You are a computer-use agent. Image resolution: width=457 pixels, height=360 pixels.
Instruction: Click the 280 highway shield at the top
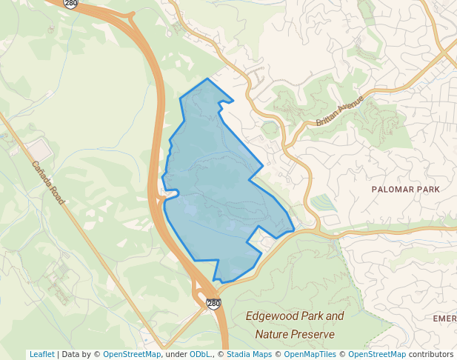(x=71, y=4)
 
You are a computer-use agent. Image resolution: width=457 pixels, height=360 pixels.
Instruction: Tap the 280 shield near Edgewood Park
(x=213, y=304)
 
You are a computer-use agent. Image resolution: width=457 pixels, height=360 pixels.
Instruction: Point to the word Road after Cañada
(x=58, y=193)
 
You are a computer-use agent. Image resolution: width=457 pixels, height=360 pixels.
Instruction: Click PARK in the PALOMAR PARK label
(x=428, y=190)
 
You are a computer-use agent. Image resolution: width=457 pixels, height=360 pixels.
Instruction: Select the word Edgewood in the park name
(x=274, y=317)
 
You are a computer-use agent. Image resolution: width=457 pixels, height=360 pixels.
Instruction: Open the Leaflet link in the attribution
(x=42, y=354)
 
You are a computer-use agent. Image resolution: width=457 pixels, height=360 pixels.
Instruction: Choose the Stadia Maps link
(x=249, y=354)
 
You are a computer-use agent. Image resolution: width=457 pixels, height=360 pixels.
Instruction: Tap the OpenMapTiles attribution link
(x=310, y=354)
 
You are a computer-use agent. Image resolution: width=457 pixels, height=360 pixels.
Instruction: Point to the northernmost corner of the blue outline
(x=207, y=79)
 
